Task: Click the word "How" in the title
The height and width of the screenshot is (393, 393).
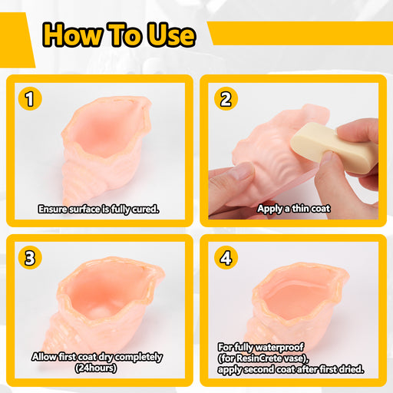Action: click(x=72, y=35)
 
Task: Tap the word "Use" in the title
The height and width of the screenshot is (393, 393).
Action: click(x=172, y=35)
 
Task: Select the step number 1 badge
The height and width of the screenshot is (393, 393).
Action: click(x=30, y=98)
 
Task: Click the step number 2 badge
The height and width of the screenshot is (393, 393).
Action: click(x=226, y=98)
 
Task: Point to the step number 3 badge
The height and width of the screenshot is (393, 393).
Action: click(x=30, y=257)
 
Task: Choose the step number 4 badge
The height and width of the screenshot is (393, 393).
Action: click(x=226, y=257)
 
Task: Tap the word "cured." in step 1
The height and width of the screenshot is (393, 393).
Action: click(x=146, y=210)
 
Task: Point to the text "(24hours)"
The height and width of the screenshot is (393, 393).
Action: click(x=96, y=368)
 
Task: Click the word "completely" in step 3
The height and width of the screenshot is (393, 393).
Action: click(x=138, y=357)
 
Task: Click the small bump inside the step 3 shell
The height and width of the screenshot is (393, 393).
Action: click(x=98, y=312)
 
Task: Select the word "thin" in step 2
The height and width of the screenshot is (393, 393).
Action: click(x=300, y=209)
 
